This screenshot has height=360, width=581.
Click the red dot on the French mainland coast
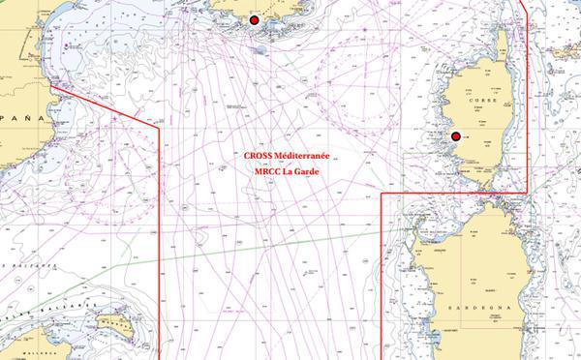pos(255,20)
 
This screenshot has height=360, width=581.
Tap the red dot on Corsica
pos(455,136)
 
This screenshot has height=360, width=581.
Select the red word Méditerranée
pos(303,156)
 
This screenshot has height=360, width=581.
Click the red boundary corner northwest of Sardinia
pos(382,194)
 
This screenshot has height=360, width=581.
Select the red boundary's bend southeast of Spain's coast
pos(158,125)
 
